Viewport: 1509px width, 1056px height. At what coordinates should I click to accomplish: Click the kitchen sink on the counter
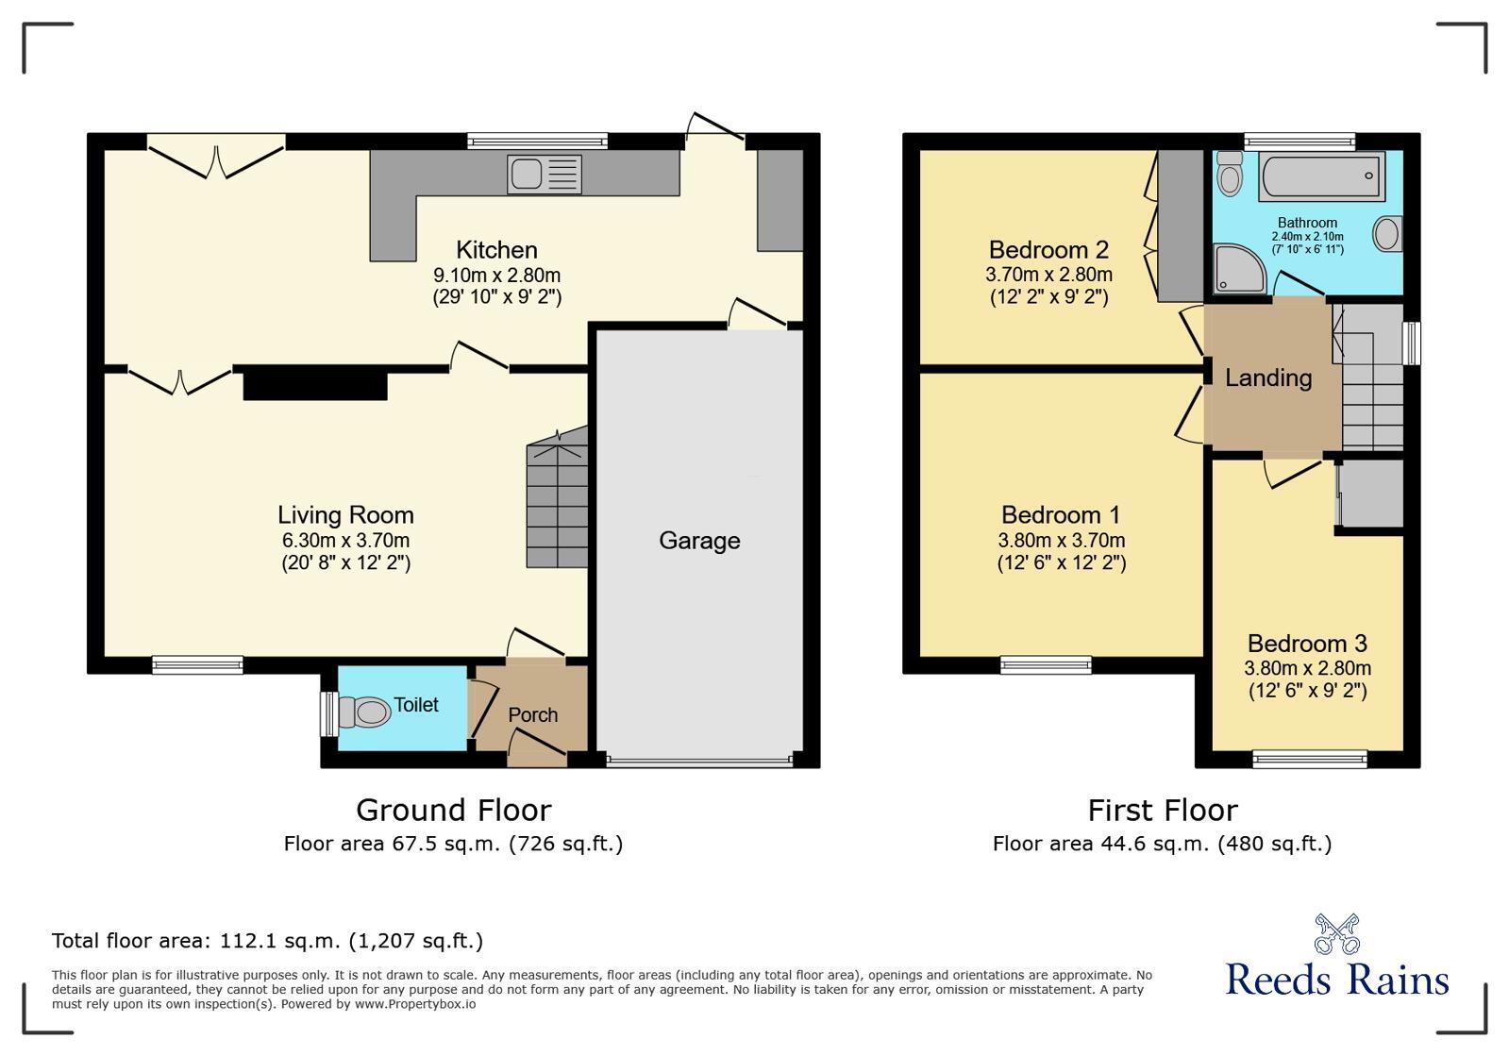pyautogui.click(x=544, y=175)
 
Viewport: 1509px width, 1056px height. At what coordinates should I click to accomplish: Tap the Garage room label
pyautogui.click(x=699, y=541)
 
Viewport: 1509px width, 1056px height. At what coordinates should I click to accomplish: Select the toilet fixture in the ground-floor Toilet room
pyautogui.click(x=365, y=712)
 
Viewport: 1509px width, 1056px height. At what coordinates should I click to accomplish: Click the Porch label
pyautogui.click(x=532, y=715)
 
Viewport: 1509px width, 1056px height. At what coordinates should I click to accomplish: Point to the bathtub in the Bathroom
pyautogui.click(x=1321, y=176)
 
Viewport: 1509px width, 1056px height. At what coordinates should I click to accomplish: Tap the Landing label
pyautogui.click(x=1268, y=378)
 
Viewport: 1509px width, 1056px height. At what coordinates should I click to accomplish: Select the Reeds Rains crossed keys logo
pyautogui.click(x=1336, y=934)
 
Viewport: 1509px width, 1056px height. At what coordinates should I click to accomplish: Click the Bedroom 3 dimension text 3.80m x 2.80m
pyautogui.click(x=1307, y=668)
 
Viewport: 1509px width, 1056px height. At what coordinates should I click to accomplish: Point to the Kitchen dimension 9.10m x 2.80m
pyautogui.click(x=496, y=276)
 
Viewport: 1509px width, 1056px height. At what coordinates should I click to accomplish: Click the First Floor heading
pyautogui.click(x=1162, y=811)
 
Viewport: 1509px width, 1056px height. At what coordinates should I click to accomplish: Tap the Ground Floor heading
pyautogui.click(x=453, y=811)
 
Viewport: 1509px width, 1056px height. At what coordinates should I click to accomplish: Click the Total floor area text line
pyautogui.click(x=267, y=941)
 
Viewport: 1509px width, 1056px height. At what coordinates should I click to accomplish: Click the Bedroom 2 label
pyautogui.click(x=1048, y=250)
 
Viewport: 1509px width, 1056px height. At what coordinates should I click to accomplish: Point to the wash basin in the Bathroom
pyautogui.click(x=1386, y=233)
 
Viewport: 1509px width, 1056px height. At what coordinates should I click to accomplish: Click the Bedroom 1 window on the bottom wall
pyautogui.click(x=1046, y=665)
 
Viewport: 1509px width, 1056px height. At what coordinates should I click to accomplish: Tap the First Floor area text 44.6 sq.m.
pyautogui.click(x=1162, y=844)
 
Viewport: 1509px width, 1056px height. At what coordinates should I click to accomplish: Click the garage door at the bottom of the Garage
pyautogui.click(x=699, y=761)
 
